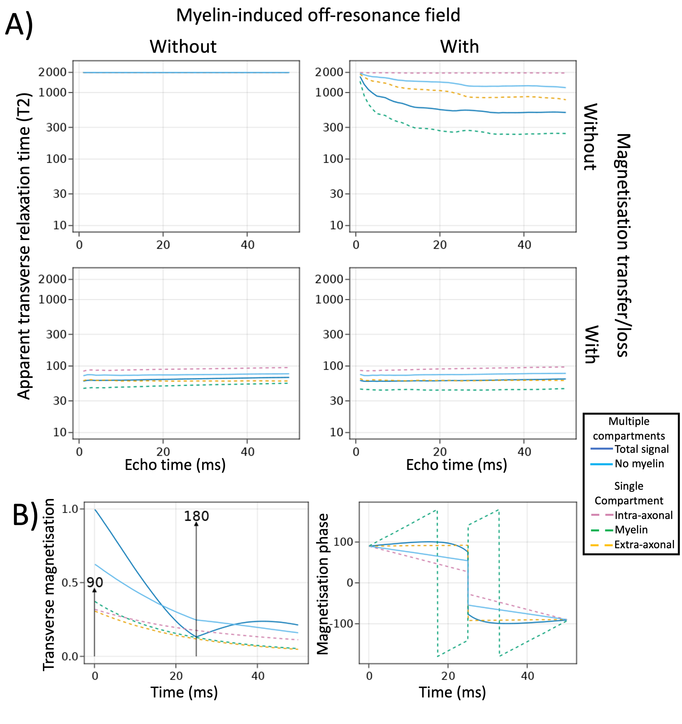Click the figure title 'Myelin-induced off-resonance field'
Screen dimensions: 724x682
[318, 15]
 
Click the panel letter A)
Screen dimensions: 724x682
[19, 25]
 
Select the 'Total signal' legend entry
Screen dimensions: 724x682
[642, 449]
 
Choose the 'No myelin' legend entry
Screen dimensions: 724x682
[639, 464]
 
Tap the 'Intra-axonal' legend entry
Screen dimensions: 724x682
[644, 515]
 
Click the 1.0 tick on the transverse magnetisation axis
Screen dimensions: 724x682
[70, 509]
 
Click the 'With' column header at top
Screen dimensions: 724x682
[459, 47]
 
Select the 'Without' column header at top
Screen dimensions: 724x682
[183, 47]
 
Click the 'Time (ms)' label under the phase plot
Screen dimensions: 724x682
[452, 692]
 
